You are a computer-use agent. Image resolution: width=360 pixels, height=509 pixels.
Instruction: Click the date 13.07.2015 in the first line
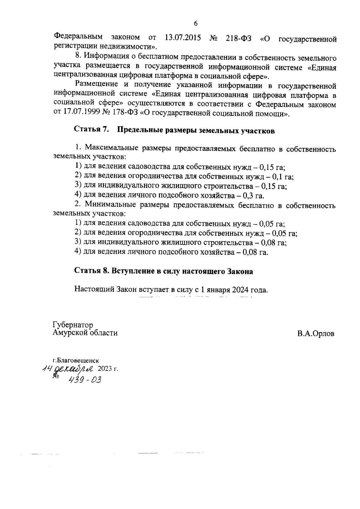pos(183,38)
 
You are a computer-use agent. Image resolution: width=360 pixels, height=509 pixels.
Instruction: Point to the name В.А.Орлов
pos(316,334)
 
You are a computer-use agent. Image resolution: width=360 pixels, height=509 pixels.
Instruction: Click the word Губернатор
pos(73,325)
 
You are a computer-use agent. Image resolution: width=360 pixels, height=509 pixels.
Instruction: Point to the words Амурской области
pos(85,333)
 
